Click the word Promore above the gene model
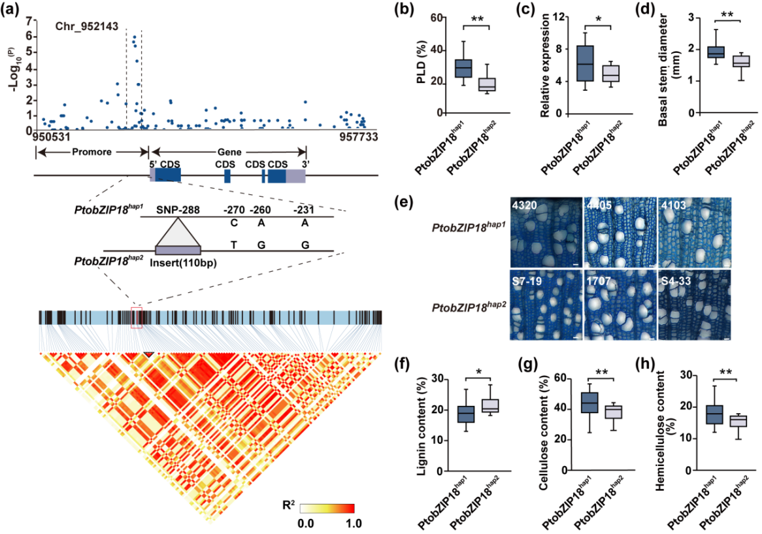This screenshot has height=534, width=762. pyautogui.click(x=92, y=152)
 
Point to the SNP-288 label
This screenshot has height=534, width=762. pyautogui.click(x=178, y=210)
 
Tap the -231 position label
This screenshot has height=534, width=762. pyautogui.click(x=305, y=210)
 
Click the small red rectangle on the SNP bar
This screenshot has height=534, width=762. pyautogui.click(x=136, y=317)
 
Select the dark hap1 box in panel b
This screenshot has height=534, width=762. pyautogui.click(x=463, y=67)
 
